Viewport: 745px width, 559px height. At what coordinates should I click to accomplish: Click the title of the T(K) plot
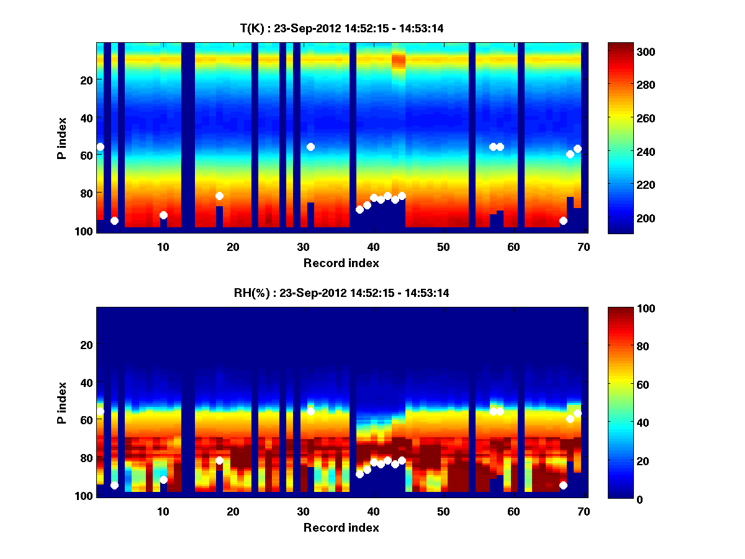pos(341,28)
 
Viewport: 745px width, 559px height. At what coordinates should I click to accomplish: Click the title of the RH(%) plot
pos(341,293)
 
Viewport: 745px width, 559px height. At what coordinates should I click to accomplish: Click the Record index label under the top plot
pos(341,263)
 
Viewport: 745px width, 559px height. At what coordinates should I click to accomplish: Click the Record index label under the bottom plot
pos(341,527)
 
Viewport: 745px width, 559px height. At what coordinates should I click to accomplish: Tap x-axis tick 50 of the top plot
pos(443,247)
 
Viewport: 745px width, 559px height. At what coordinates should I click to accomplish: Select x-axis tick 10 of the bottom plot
pos(163,511)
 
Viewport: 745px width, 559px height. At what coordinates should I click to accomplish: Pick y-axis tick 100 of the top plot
pos(86,231)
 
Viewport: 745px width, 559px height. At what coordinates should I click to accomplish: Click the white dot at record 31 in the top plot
pos(310,147)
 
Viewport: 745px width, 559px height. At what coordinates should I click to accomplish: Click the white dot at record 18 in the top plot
pos(219,196)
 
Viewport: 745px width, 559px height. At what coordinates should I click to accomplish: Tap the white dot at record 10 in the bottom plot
pos(163,479)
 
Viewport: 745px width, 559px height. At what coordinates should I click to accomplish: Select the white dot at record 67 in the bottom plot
pos(563,485)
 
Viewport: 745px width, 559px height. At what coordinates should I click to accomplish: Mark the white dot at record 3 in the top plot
pos(114,220)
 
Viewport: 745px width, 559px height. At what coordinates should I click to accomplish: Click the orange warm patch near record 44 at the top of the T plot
pos(399,60)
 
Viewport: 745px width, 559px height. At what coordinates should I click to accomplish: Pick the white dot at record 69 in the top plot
pos(577,148)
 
